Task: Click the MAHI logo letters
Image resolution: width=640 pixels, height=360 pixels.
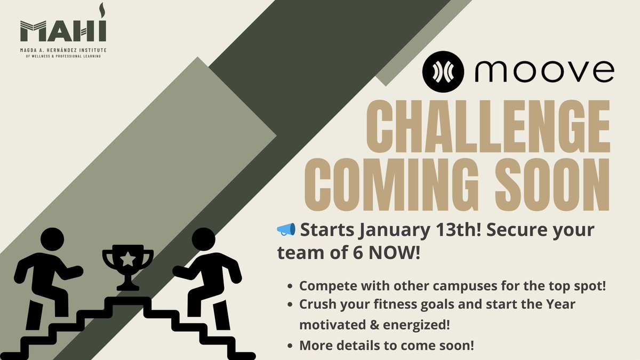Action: (x=63, y=31)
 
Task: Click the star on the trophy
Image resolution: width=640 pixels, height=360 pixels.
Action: (x=128, y=260)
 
